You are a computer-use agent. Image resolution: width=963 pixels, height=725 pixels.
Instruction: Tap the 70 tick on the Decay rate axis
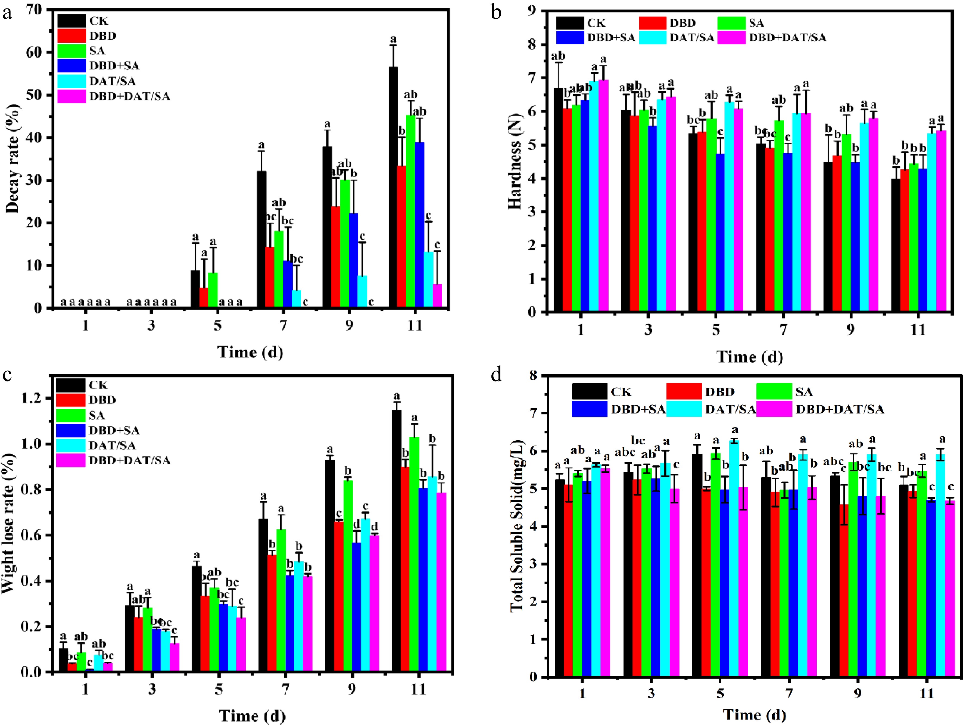pyautogui.click(x=37, y=10)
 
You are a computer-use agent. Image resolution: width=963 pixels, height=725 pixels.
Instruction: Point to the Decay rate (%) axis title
pyautogui.click(x=13, y=159)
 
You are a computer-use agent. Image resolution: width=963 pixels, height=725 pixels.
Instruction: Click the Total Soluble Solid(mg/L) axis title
pyautogui.click(x=517, y=527)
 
